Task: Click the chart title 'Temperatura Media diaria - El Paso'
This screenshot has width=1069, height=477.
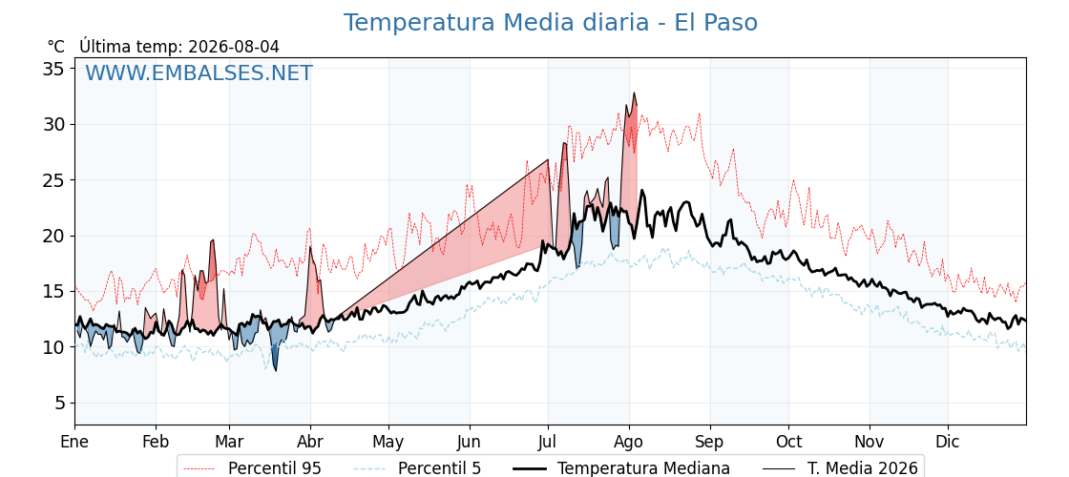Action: tap(550, 23)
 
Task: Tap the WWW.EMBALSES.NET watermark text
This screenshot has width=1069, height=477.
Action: tap(199, 73)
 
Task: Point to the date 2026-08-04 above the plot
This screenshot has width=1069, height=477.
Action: tap(234, 47)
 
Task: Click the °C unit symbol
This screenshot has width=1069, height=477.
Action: tap(56, 47)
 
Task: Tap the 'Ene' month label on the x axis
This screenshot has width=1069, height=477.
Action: tap(75, 442)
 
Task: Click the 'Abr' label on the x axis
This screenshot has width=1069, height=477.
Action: tap(310, 442)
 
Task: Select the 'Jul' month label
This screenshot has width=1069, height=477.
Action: tap(548, 442)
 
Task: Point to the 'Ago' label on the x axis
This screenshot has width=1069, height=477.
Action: tap(629, 443)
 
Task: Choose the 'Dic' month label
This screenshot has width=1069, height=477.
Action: tap(948, 442)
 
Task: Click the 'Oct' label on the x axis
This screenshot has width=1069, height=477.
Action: tap(789, 442)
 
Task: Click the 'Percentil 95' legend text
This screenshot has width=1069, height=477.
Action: tap(275, 468)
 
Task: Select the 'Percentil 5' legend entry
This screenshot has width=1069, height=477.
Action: tap(440, 468)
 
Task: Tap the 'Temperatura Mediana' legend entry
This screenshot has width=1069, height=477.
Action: tap(643, 468)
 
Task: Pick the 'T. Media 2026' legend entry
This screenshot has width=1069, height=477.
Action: tap(863, 468)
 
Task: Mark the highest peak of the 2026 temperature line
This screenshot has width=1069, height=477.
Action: tap(634, 93)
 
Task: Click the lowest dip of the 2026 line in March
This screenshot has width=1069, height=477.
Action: tap(276, 371)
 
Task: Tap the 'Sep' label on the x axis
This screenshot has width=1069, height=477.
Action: tap(710, 443)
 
